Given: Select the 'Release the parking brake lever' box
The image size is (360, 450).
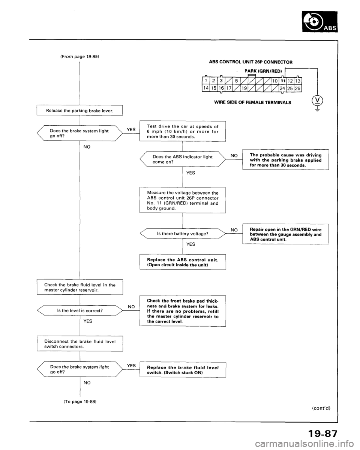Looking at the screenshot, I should [x=81, y=110].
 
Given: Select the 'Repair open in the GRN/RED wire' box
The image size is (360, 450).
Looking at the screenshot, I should [x=286, y=233].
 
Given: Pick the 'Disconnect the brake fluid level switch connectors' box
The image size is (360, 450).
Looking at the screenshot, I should [x=81, y=342].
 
